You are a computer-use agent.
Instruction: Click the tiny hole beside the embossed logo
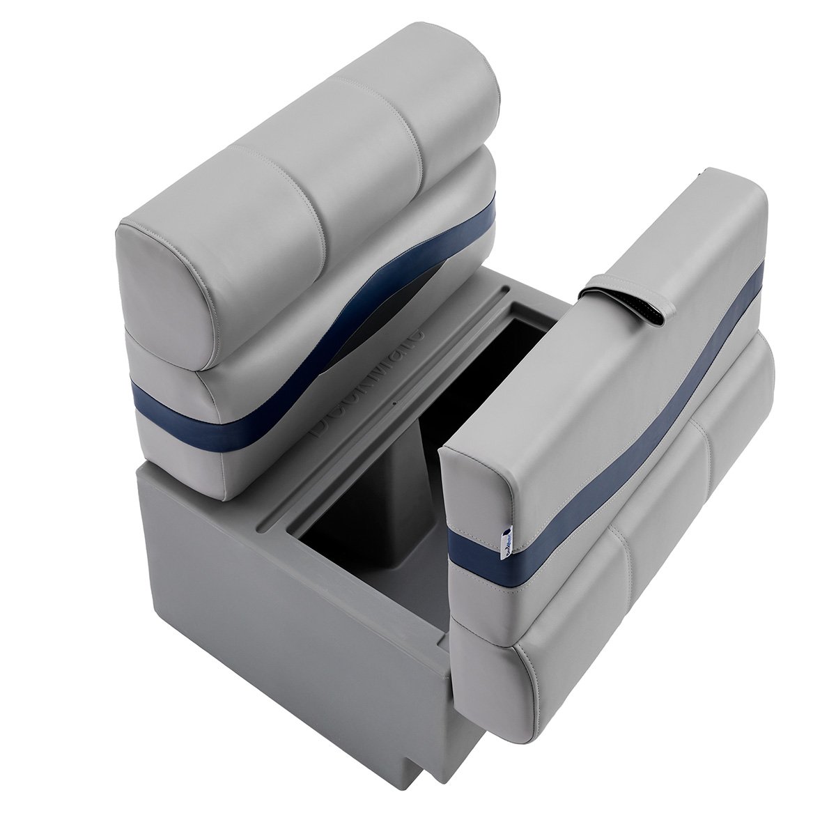click(394, 403)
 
